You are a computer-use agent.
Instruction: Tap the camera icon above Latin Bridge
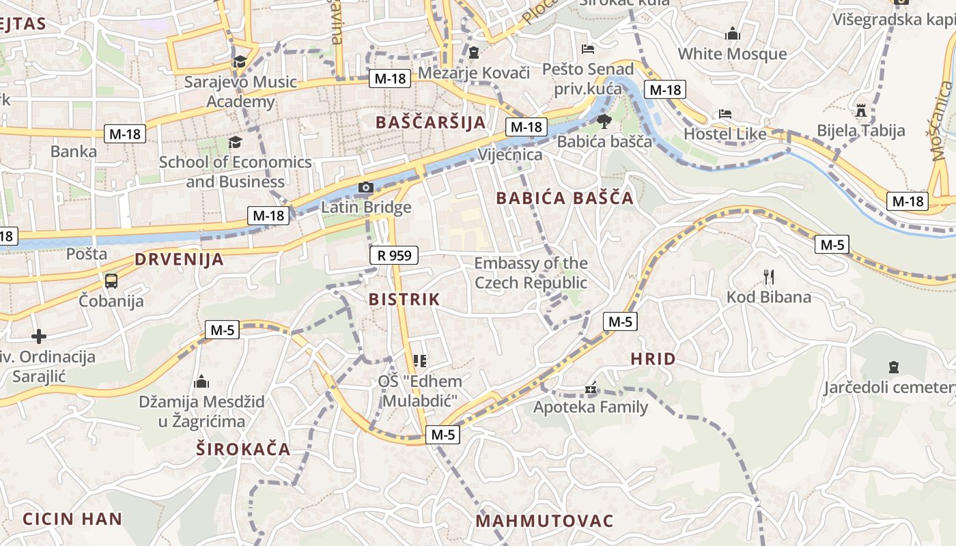(366, 187)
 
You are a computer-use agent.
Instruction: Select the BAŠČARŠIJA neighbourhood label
(431, 122)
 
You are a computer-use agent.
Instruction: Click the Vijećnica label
(510, 154)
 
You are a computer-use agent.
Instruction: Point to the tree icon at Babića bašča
(604, 122)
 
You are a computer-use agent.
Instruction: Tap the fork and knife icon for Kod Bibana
(769, 276)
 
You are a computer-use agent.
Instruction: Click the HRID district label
(653, 359)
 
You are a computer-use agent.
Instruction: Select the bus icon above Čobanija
(111, 281)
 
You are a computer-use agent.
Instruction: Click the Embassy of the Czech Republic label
(531, 273)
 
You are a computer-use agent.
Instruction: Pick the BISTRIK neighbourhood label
(404, 299)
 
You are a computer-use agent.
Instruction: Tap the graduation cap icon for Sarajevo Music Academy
(240, 62)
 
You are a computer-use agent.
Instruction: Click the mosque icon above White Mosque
(733, 33)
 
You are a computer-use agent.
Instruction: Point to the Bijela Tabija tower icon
(860, 110)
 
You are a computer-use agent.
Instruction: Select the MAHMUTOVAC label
(545, 521)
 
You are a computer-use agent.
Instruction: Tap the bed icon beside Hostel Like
(725, 114)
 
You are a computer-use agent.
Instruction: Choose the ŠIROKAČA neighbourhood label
(243, 449)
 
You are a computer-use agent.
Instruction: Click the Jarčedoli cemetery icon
(893, 367)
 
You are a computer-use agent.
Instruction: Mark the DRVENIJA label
(179, 259)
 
